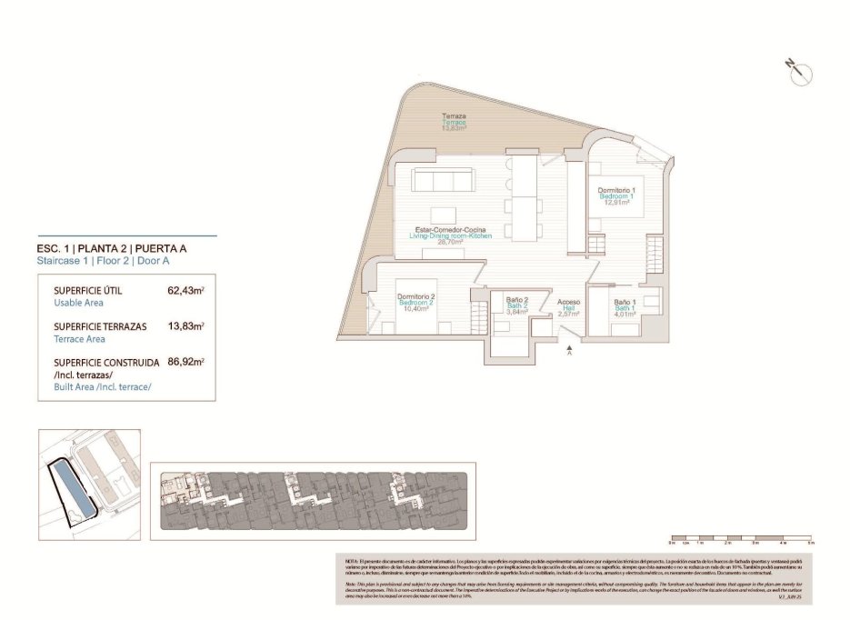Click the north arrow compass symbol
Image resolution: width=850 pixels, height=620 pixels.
click(799, 72)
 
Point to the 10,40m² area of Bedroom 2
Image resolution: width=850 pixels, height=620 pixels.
click(415, 308)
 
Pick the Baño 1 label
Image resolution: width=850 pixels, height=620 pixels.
click(625, 303)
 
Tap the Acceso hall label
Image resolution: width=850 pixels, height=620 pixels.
click(569, 302)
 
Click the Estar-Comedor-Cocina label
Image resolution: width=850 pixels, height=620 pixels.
click(450, 229)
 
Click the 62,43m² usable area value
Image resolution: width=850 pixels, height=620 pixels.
click(185, 291)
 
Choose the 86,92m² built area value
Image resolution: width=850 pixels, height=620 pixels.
click(185, 361)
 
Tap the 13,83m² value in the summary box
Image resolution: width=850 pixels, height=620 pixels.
click(185, 325)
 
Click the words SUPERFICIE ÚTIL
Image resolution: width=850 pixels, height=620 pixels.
click(88, 291)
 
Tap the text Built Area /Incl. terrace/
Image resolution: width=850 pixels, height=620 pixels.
click(103, 386)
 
